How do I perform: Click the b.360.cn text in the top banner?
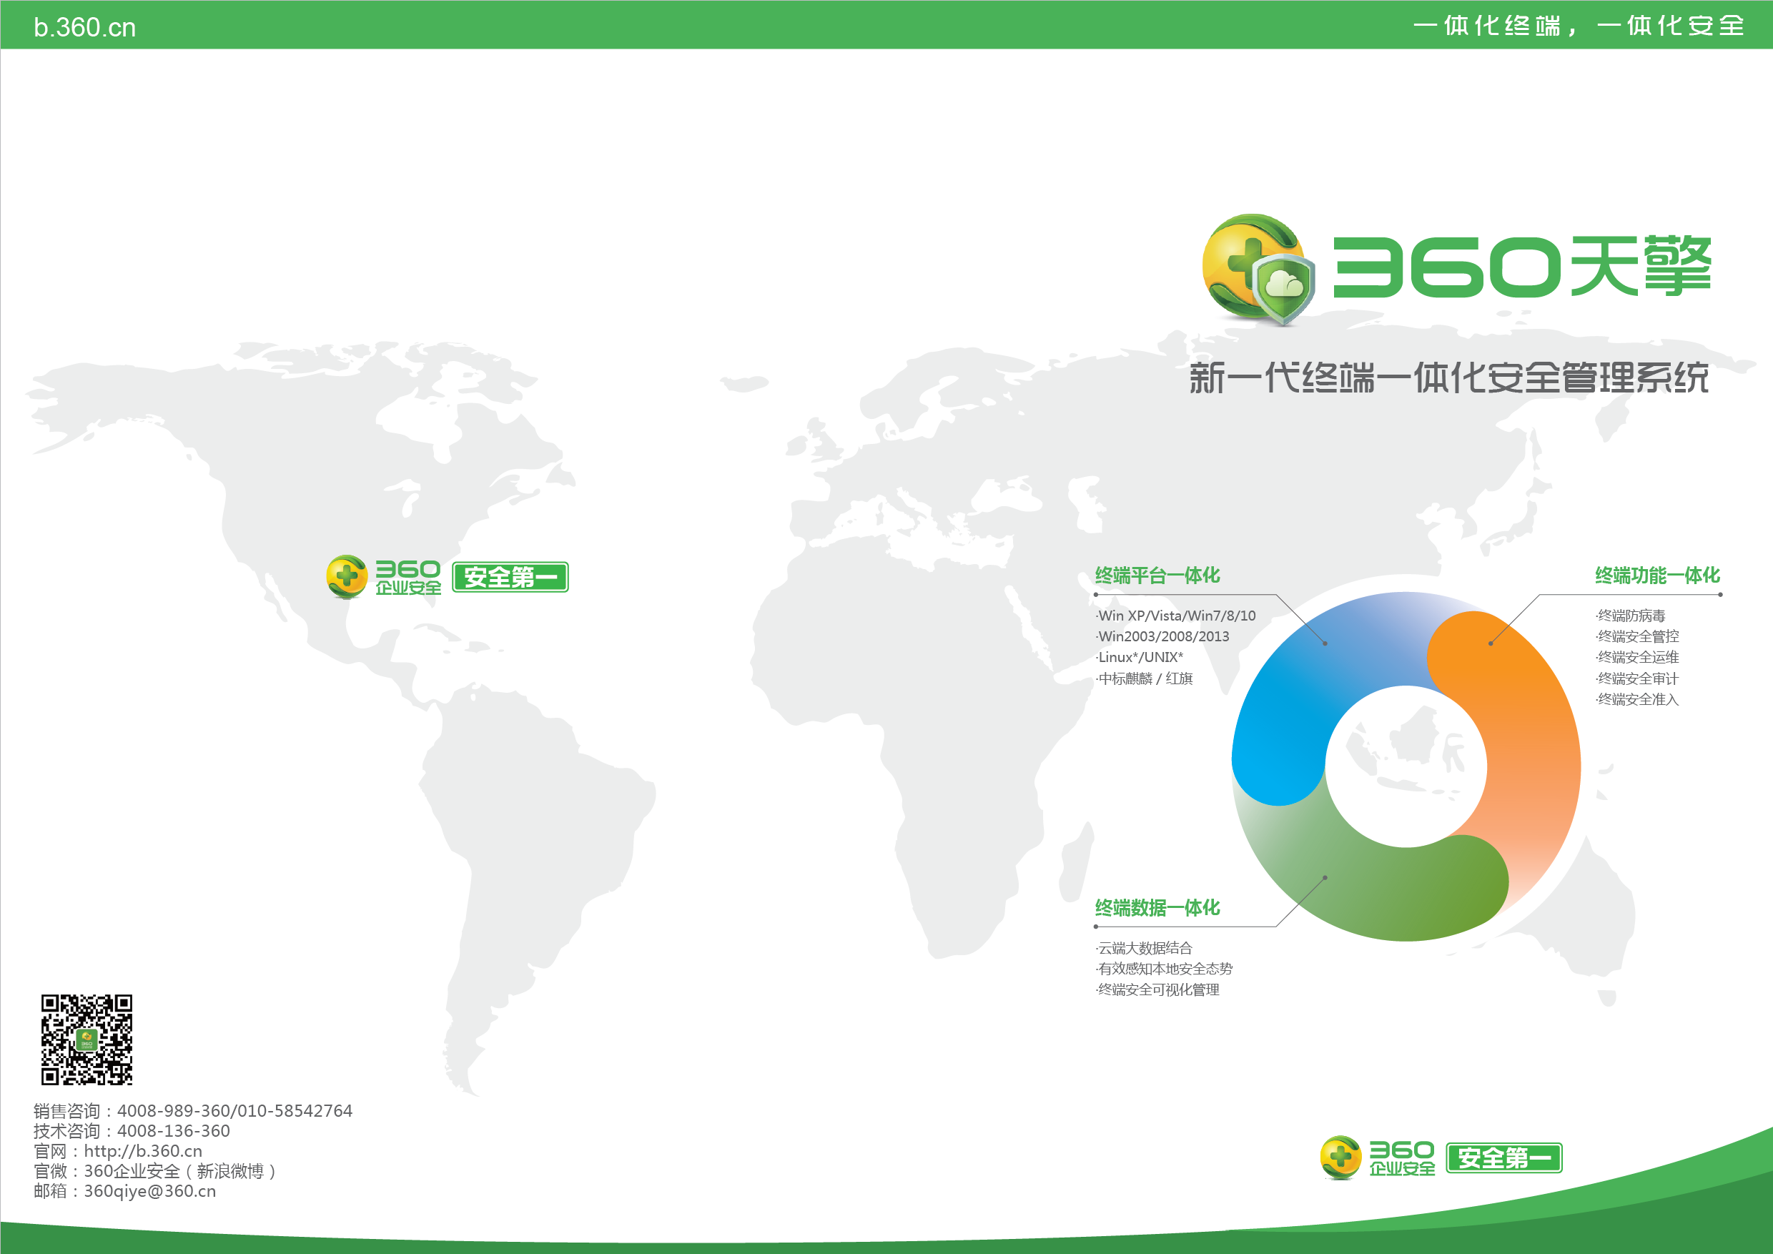click(85, 28)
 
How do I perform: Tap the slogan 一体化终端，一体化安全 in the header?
click(1579, 26)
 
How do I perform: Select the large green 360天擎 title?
click(1522, 267)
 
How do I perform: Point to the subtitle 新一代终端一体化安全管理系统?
click(1448, 377)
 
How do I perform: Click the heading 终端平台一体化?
click(1157, 576)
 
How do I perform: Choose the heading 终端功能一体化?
click(1657, 576)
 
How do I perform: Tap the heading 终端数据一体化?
click(1157, 908)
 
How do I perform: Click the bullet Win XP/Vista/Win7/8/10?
click(1176, 616)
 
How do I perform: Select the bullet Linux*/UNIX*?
click(1140, 657)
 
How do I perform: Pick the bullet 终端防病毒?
click(1630, 616)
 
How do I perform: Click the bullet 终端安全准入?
click(1637, 700)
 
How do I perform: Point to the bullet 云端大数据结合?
click(1144, 948)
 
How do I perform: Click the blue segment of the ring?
click(1313, 679)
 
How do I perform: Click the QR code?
click(87, 1040)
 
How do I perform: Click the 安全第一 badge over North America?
click(510, 577)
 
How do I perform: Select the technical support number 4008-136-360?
click(174, 1130)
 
